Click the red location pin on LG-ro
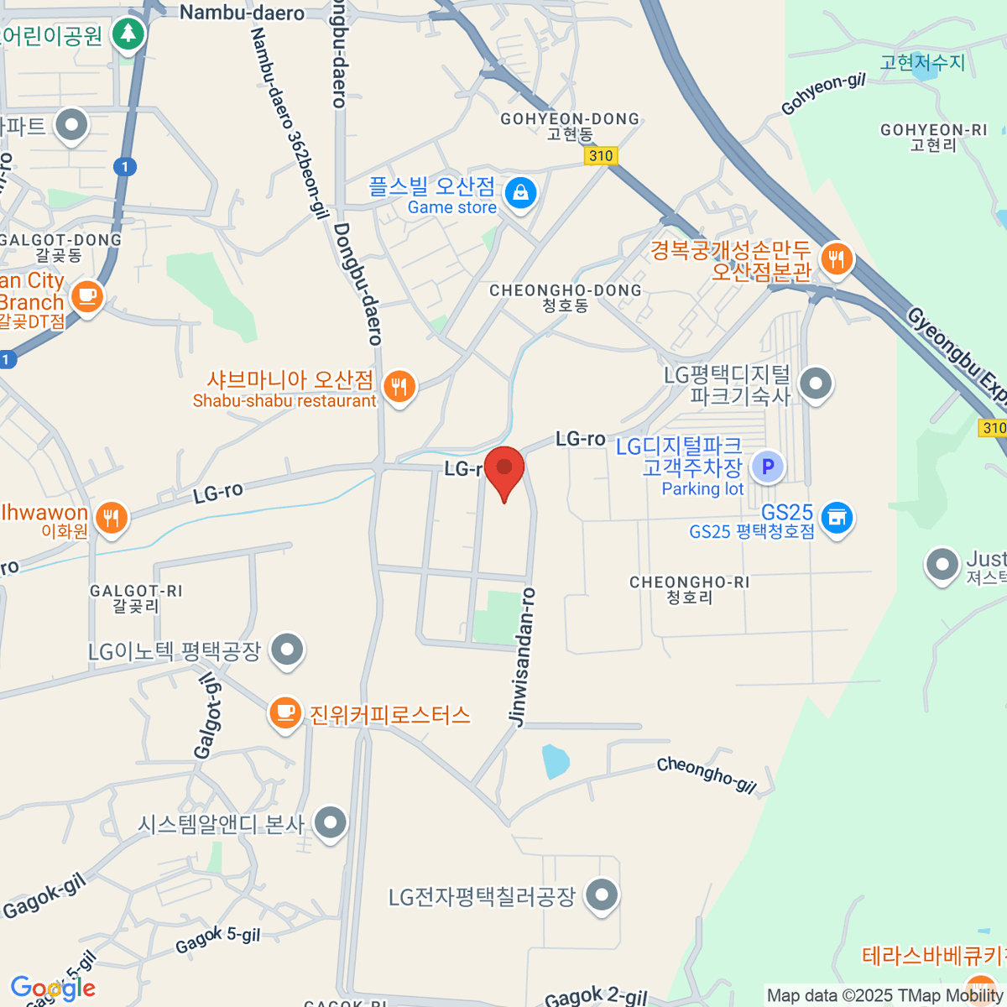pyautogui.click(x=504, y=469)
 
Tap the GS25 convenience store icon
pyautogui.click(x=836, y=518)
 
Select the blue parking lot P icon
pyautogui.click(x=767, y=467)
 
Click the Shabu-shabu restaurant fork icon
pyautogui.click(x=399, y=387)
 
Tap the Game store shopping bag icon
pyautogui.click(x=520, y=193)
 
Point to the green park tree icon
pyautogui.click(x=128, y=34)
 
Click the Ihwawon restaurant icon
pyautogui.click(x=111, y=517)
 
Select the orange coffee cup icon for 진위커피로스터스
pyautogui.click(x=285, y=713)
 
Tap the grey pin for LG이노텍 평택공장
pyautogui.click(x=288, y=649)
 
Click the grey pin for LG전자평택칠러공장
pyautogui.click(x=601, y=895)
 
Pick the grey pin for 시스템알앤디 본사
pyautogui.click(x=330, y=822)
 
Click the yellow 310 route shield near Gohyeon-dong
pyautogui.click(x=601, y=156)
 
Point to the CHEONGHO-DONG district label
pyautogui.click(x=565, y=291)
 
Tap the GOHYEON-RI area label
pyautogui.click(x=933, y=131)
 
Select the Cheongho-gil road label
pyautogui.click(x=707, y=774)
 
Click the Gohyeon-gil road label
pyautogui.click(x=822, y=94)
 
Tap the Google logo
pyautogui.click(x=52, y=989)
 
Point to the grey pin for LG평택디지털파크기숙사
pyautogui.click(x=815, y=383)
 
